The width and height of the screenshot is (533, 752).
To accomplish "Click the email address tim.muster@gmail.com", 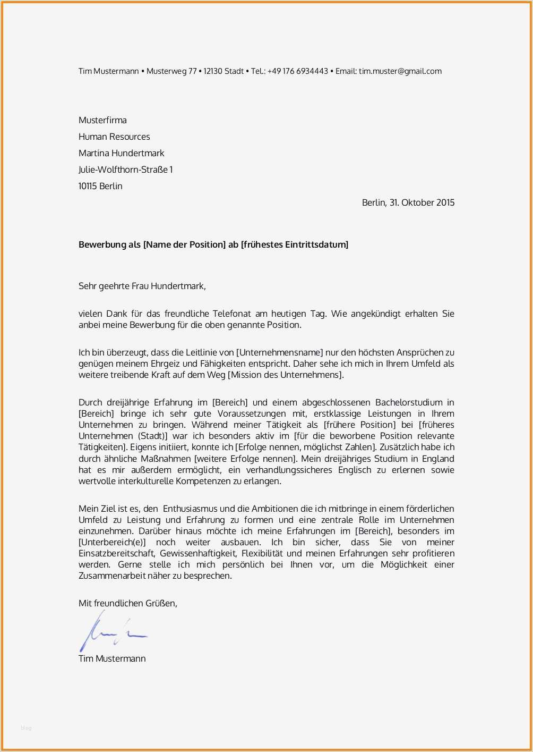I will coord(400,71).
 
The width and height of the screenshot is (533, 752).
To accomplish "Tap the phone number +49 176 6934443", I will coord(297,71).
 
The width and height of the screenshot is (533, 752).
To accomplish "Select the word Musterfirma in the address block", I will coord(102,120).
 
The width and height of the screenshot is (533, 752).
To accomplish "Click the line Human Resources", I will coord(114,137).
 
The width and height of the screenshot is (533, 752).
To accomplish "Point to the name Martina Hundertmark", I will coord(121,153).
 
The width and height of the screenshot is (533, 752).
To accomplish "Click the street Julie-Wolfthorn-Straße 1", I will coord(125,170).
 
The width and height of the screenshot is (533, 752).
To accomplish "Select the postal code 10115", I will coord(88,186).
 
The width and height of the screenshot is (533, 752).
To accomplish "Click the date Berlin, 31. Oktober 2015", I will coord(408,202).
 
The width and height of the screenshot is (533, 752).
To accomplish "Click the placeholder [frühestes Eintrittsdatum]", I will coord(295,244).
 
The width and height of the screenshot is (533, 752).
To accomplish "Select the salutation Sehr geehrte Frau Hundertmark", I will coord(142,286).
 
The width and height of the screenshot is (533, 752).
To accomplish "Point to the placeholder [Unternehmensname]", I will coord(279,352).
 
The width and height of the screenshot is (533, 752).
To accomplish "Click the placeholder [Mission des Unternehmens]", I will coord(286,375).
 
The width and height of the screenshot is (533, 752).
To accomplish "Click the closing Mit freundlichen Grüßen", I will coord(127,603).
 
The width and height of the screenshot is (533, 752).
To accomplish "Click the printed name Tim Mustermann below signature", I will coord(112,658).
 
